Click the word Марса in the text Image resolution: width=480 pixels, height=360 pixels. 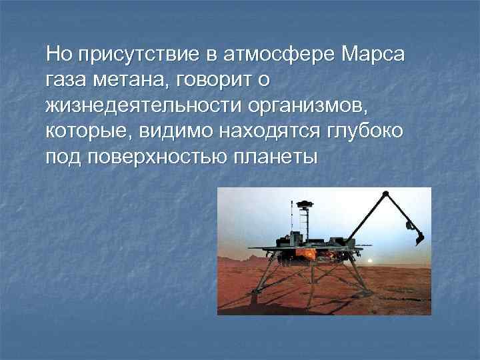point(371,53)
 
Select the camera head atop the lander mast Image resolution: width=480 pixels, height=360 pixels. point(304,203)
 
